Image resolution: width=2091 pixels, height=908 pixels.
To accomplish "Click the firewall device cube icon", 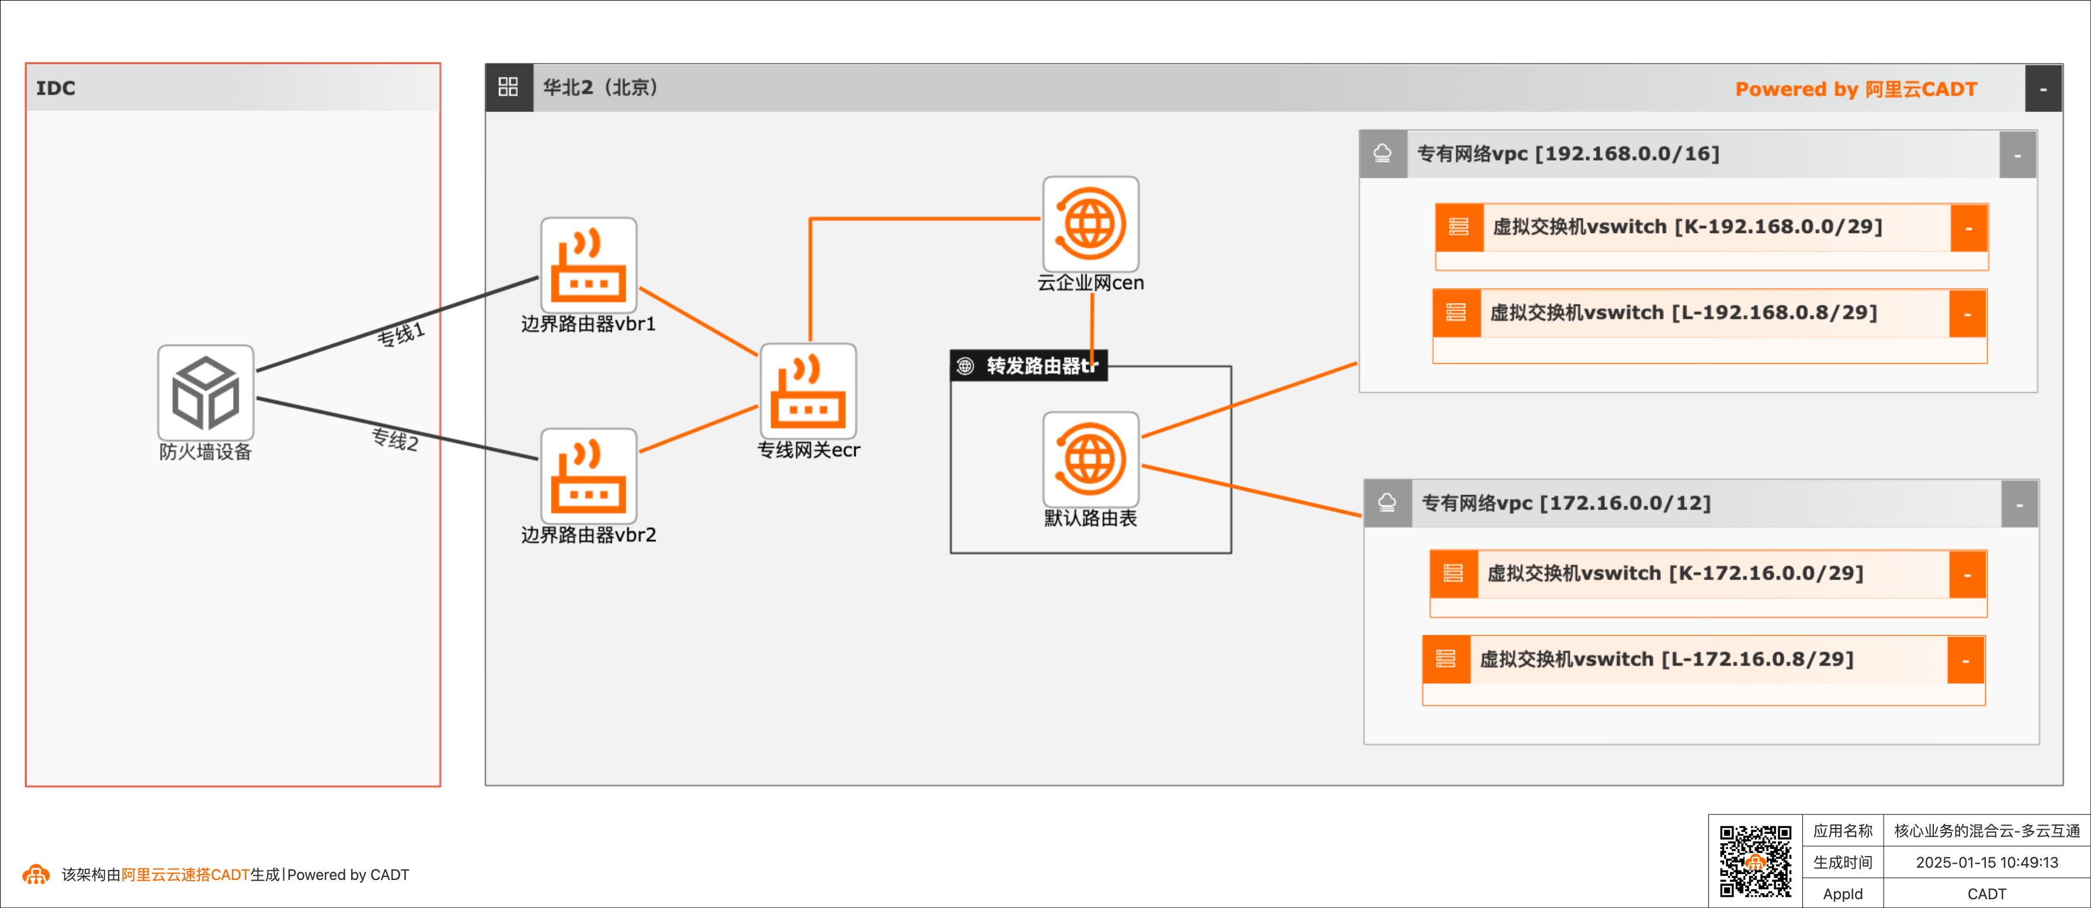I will pyautogui.click(x=206, y=394).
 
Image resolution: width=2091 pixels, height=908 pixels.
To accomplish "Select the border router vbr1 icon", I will pyautogui.click(x=588, y=265).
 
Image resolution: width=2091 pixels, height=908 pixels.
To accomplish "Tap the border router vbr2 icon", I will pyautogui.click(x=588, y=476).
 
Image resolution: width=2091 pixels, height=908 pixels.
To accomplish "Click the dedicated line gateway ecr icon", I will pyautogui.click(x=807, y=391).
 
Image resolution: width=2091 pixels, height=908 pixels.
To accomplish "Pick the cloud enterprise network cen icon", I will pyautogui.click(x=1090, y=224).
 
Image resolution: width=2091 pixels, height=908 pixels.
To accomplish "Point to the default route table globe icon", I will pyautogui.click(x=1090, y=460).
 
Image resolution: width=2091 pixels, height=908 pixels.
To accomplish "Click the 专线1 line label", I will pyautogui.click(x=401, y=333).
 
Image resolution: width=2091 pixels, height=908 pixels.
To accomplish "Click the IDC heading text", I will pyautogui.click(x=55, y=88).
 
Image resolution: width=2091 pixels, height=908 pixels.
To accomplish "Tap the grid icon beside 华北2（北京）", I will pyautogui.click(x=508, y=87).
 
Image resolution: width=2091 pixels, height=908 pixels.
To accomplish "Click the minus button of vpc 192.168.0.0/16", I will pyautogui.click(x=2017, y=155).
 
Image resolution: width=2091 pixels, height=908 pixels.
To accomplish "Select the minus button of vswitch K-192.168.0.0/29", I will pyautogui.click(x=1968, y=228).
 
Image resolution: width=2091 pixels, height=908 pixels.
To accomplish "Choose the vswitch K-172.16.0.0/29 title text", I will pyautogui.click(x=1674, y=573).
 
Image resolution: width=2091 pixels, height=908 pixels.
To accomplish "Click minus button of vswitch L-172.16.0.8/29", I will pyautogui.click(x=1965, y=660).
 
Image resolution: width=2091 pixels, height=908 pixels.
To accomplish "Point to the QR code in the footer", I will pyautogui.click(x=1755, y=861).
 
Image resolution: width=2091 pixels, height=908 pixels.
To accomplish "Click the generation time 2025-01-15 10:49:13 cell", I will pyautogui.click(x=1986, y=862).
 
